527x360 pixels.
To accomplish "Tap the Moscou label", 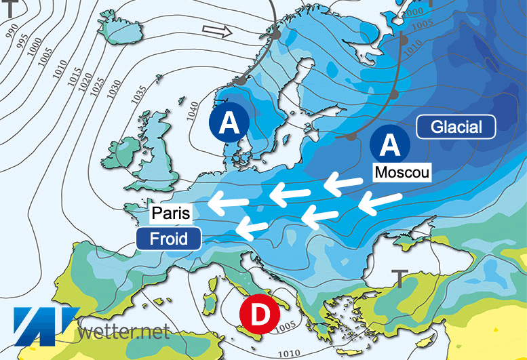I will click(x=403, y=172).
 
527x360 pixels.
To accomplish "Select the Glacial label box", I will click(x=456, y=127).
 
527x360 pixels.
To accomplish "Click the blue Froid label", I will click(x=168, y=239).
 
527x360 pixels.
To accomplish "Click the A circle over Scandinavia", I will click(x=229, y=123).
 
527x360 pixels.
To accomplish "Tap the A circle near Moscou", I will click(x=390, y=144).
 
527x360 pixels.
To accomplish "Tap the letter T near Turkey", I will click(x=399, y=278).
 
